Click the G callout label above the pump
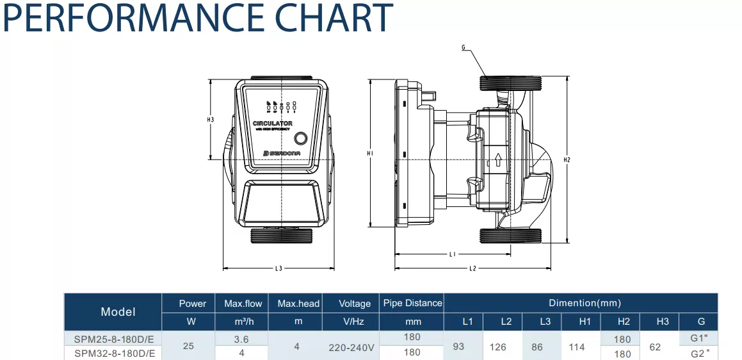coord(463,47)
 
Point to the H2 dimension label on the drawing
coord(567,160)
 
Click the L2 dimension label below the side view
coord(472,268)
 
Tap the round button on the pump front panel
coord(301,138)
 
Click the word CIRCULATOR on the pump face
coord(273,123)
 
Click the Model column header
coord(118,312)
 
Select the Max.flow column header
coord(243,304)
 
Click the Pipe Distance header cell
coord(412,303)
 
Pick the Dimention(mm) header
coord(585,303)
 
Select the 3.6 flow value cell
coord(241,340)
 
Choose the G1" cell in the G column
coord(699,338)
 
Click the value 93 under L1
coord(458,347)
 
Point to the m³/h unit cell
coord(242,322)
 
